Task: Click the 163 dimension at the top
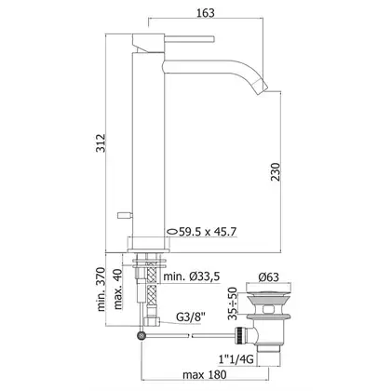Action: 206,13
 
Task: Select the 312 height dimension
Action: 101,142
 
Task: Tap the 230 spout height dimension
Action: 275,171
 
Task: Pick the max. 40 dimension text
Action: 118,289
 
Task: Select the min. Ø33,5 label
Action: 192,276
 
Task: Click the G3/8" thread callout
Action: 191,317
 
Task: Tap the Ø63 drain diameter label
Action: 268,276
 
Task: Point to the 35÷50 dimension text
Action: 232,303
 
